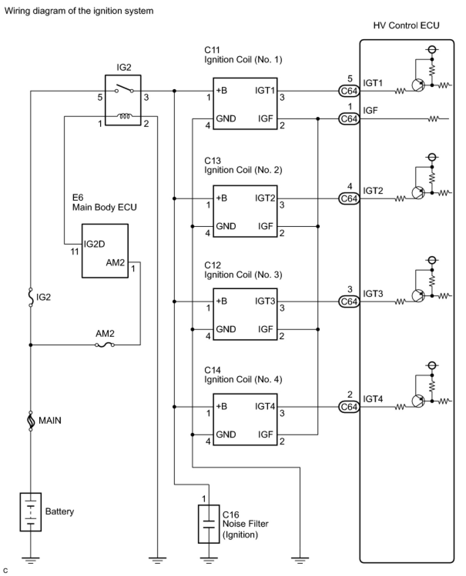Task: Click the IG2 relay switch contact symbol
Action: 124,88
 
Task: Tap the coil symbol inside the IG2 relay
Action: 124,116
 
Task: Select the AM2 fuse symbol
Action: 105,345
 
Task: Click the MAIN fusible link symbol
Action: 30,421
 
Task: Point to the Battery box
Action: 30,512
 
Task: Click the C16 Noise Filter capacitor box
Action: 209,524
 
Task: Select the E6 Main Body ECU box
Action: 105,251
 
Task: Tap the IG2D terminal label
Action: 94,244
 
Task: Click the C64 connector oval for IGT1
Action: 349,91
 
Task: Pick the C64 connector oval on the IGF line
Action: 349,119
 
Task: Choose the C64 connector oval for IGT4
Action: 349,407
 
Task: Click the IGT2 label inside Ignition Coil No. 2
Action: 265,198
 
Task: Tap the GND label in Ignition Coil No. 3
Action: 226,329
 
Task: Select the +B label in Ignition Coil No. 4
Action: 221,406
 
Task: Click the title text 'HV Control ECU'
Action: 406,25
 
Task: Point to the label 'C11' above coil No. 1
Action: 212,50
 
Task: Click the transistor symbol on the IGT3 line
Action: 418,296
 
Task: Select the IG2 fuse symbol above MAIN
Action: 30,297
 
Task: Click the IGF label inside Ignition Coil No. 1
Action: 265,118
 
